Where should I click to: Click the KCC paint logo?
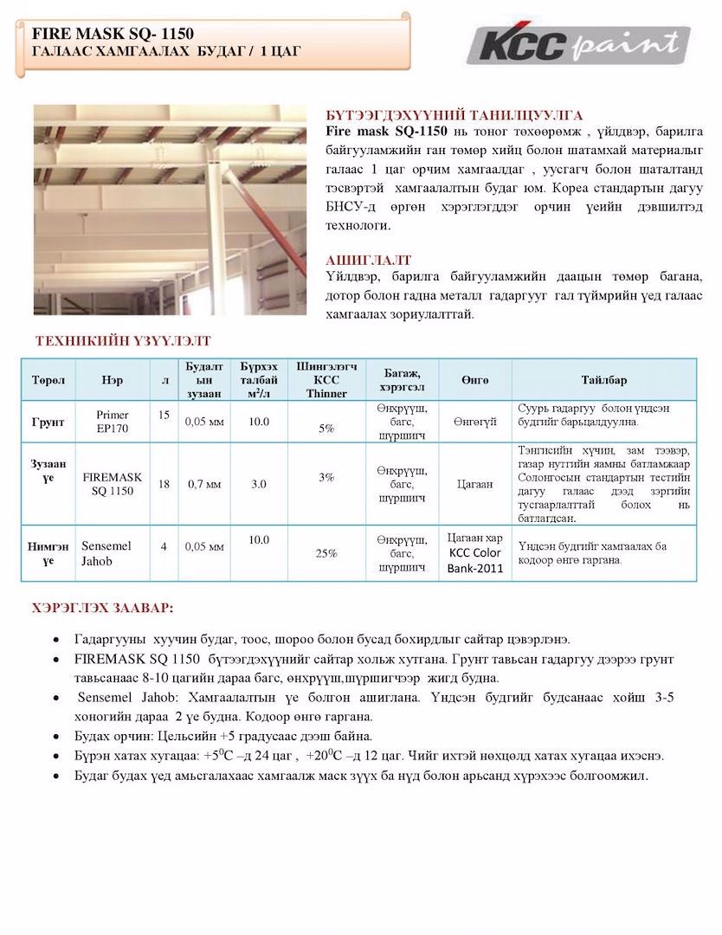click(x=577, y=43)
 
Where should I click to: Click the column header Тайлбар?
click(x=603, y=380)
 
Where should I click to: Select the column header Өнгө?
click(x=474, y=380)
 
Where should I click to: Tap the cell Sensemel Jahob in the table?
click(x=106, y=553)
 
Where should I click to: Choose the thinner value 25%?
click(x=326, y=553)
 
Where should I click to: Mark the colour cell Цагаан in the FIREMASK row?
click(x=474, y=484)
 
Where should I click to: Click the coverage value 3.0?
click(x=259, y=484)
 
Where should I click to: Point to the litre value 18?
click(x=164, y=484)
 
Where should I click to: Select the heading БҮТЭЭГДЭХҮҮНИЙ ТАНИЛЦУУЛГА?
click(x=454, y=114)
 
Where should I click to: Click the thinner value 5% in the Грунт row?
click(x=326, y=428)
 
